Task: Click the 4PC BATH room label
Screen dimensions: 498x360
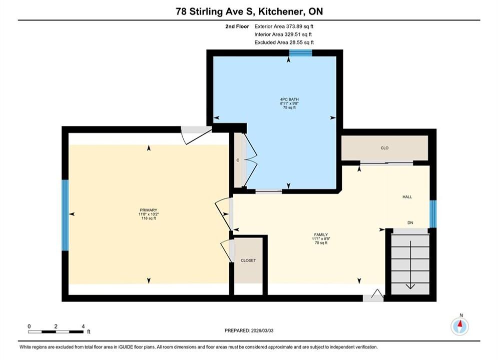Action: pyautogui.click(x=289, y=99)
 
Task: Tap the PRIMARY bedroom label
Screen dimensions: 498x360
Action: pyautogui.click(x=149, y=210)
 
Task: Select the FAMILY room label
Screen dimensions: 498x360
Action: pyautogui.click(x=321, y=234)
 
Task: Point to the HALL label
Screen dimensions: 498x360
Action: pyautogui.click(x=407, y=197)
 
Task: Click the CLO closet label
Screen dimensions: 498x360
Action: pyautogui.click(x=384, y=148)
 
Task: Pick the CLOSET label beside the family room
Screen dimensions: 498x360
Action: pyautogui.click(x=248, y=260)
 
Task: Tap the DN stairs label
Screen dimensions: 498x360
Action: pyautogui.click(x=410, y=222)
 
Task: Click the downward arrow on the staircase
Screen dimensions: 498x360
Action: pyautogui.click(x=410, y=265)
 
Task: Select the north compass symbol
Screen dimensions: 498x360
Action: pyautogui.click(x=459, y=325)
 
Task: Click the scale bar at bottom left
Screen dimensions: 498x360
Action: pyautogui.click(x=56, y=332)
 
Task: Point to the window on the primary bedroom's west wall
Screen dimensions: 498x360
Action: pyautogui.click(x=65, y=215)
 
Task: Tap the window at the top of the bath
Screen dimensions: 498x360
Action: pyautogui.click(x=300, y=53)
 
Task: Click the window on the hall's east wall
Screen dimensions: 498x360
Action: pyautogui.click(x=433, y=214)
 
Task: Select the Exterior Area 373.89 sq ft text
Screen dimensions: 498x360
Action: pyautogui.click(x=284, y=26)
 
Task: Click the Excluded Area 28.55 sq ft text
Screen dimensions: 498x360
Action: pyautogui.click(x=284, y=42)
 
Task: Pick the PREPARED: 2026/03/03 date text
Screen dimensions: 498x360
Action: pyautogui.click(x=249, y=330)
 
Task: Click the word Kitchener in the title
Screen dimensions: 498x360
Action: pyautogui.click(x=280, y=11)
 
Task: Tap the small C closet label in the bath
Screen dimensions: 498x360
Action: pyautogui.click(x=238, y=160)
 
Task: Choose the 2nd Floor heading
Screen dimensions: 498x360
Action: pyautogui.click(x=237, y=26)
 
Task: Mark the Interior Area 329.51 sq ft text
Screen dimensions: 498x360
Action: pyautogui.click(x=283, y=34)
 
